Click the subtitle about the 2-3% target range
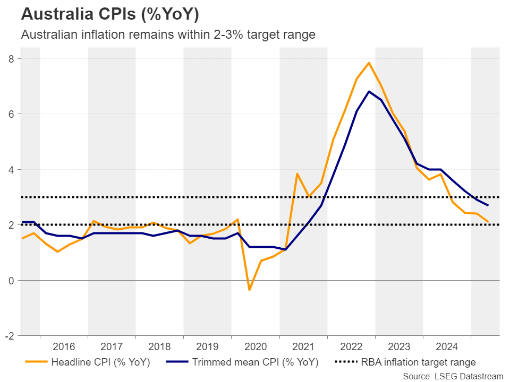point(168,35)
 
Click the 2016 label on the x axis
point(64,347)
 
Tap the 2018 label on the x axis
point(159,347)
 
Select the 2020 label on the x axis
point(256,347)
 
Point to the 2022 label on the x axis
point(351,347)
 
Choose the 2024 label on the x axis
point(447,347)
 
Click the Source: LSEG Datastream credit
point(453,376)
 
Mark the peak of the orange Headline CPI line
point(369,63)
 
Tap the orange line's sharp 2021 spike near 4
point(297,173)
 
